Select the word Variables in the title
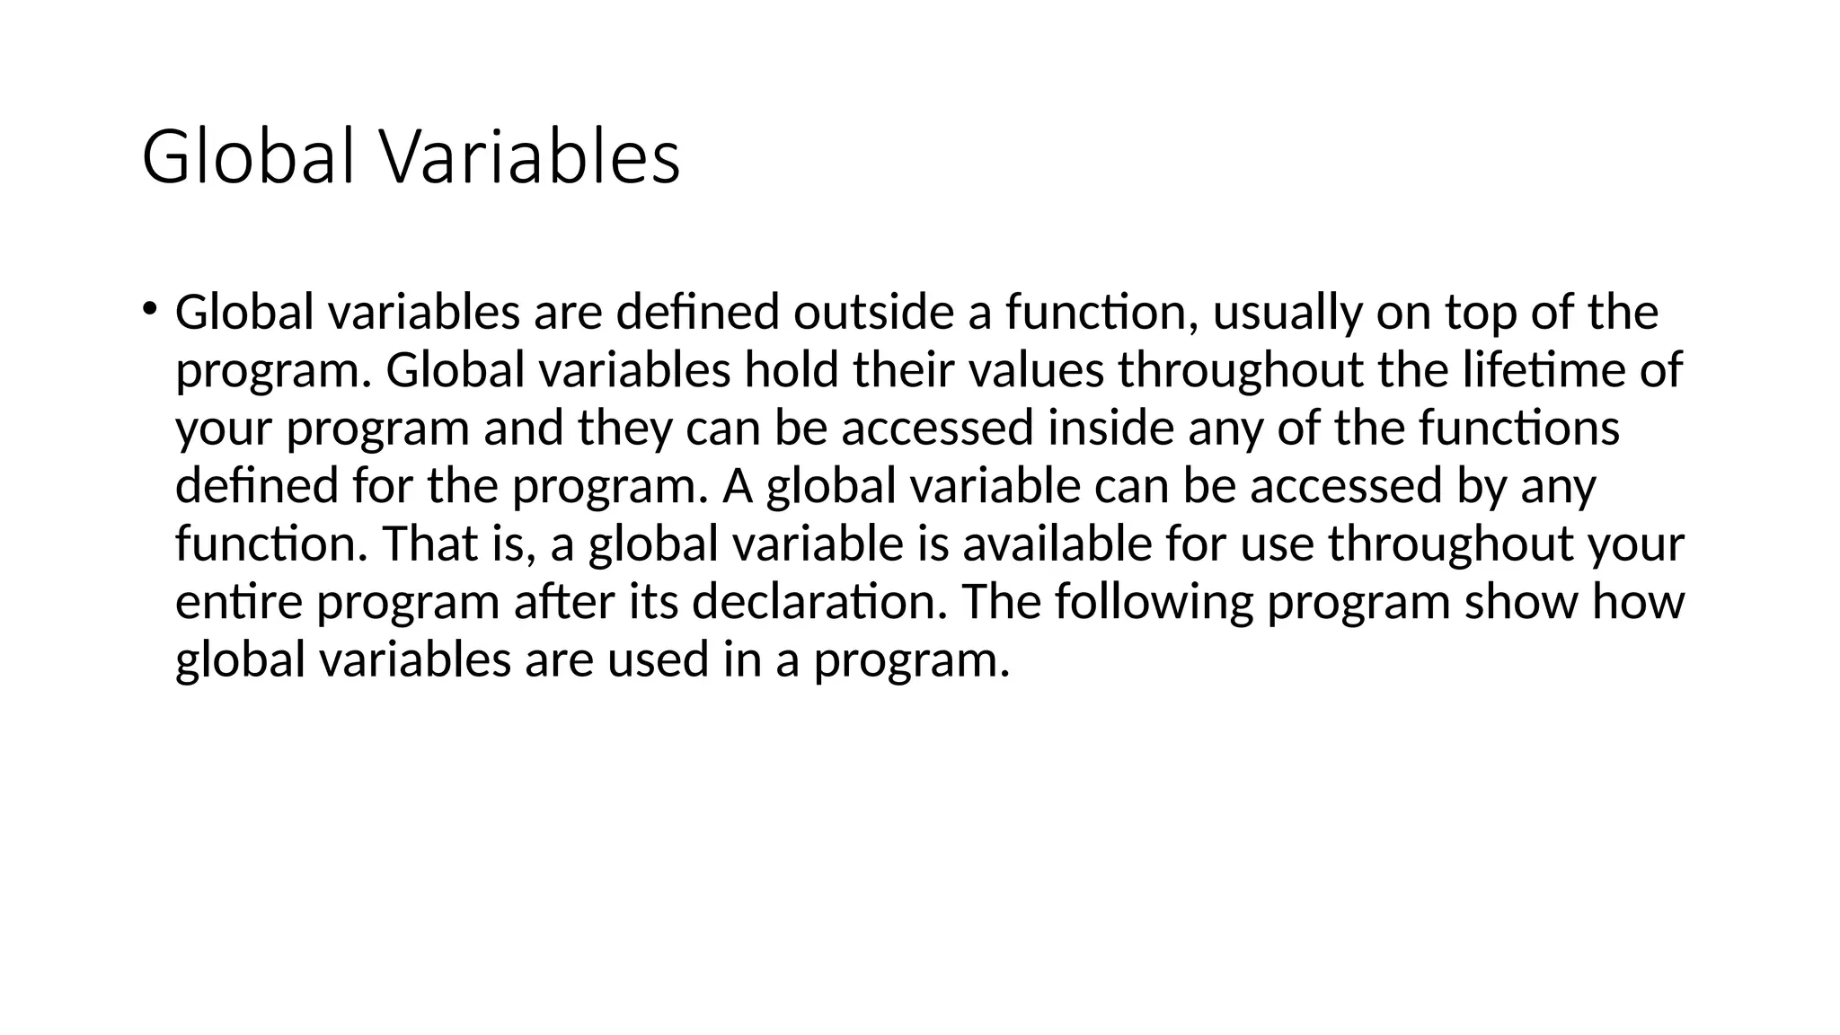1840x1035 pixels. pos(532,158)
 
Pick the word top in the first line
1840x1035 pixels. pos(1480,314)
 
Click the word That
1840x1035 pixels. pos(429,544)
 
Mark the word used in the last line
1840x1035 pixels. pos(657,659)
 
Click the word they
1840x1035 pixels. pos(624,429)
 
